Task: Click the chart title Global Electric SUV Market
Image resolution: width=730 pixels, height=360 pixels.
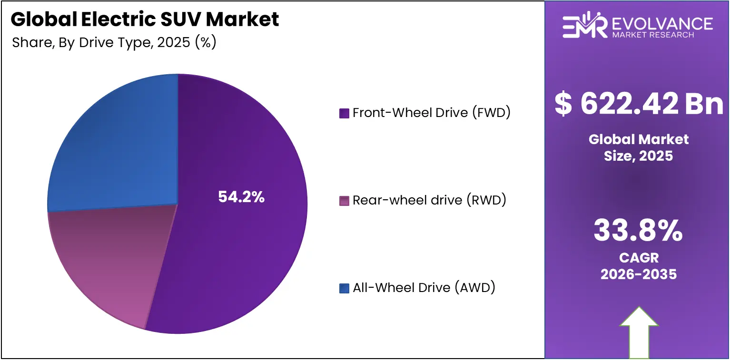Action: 145,19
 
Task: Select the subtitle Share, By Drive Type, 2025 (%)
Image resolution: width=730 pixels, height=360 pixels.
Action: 114,42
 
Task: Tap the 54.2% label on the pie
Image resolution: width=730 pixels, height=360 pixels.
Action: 241,197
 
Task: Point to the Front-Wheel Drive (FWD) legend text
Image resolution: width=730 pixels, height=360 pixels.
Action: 431,113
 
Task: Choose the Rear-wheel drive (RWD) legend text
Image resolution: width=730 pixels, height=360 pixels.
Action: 429,200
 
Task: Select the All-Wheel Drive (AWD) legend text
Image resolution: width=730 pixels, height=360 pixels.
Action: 424,288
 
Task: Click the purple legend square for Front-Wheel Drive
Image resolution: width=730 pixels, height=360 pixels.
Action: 344,114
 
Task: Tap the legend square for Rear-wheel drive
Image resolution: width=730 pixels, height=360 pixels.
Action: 344,201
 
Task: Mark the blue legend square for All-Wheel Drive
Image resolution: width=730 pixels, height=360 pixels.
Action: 344,288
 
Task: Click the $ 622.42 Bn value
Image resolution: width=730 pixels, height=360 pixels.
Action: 639,104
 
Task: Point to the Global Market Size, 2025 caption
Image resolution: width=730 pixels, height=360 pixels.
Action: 639,147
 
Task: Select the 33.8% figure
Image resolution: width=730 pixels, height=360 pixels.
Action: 638,231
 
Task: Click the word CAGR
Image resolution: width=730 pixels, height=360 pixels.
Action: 639,258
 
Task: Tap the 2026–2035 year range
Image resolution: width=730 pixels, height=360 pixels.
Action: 639,274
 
